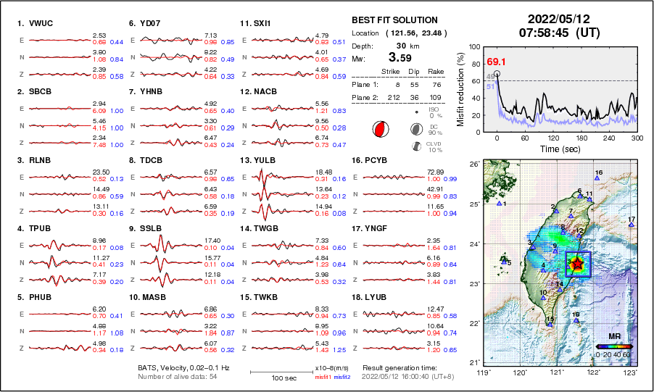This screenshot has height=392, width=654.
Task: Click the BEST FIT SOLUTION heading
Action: point(394,20)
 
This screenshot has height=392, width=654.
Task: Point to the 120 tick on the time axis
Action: point(553,138)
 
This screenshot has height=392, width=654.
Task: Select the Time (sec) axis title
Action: point(559,149)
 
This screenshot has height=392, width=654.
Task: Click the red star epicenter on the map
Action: point(576,264)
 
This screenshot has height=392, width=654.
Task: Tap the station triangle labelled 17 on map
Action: point(632,225)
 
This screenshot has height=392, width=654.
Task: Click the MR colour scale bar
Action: point(614,346)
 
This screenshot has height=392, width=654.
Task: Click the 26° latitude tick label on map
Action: point(472,164)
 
